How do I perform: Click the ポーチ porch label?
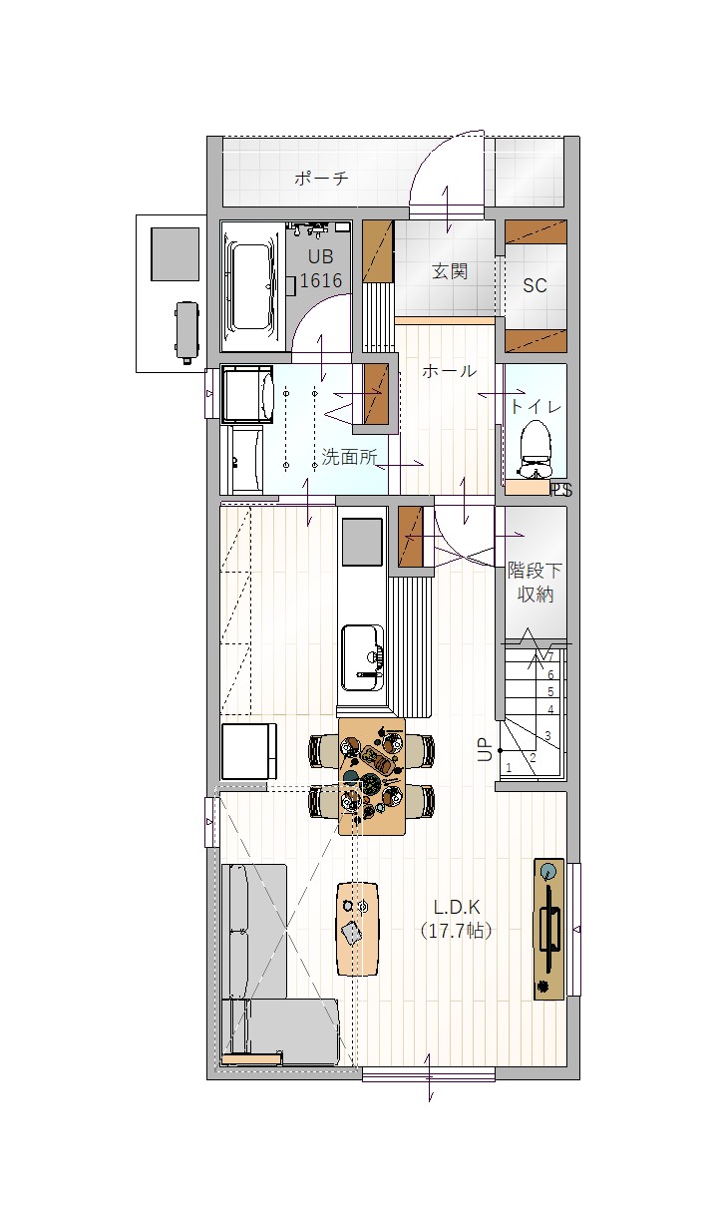tap(321, 178)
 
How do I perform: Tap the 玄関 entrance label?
tap(450, 270)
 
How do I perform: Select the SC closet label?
tap(535, 285)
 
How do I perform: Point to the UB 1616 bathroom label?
tap(320, 268)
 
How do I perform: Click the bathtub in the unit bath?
tap(252, 285)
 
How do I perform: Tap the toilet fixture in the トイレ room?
tap(535, 451)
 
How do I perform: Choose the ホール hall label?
tap(450, 371)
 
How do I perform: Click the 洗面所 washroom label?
tap(349, 457)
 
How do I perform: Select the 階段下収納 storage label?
tap(535, 583)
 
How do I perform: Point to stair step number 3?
tap(547, 736)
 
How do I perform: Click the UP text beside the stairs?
tap(485, 750)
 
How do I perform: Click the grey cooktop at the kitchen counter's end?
tap(362, 542)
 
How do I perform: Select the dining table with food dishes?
tap(372, 777)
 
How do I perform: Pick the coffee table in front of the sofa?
tap(357, 928)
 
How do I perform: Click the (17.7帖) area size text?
tap(457, 931)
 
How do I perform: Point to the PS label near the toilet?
tap(561, 491)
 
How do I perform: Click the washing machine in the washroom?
tap(247, 394)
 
